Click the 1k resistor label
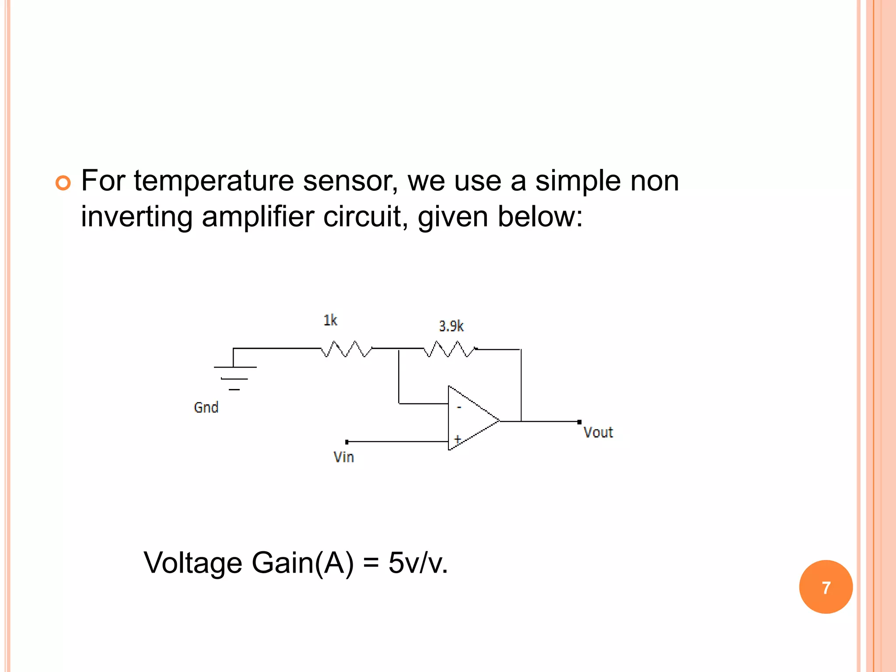click(330, 320)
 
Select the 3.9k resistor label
click(451, 326)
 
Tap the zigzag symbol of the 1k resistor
click(346, 349)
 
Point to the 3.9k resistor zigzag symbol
click(450, 349)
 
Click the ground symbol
click(234, 376)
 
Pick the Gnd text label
click(206, 408)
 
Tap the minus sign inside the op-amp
click(459, 407)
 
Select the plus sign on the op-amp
click(458, 439)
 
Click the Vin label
click(343, 457)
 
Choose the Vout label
click(598, 433)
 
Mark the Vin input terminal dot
click(347, 442)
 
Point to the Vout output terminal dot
click(579, 422)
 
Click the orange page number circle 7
click(826, 587)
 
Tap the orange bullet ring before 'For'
click(63, 182)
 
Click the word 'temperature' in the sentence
click(214, 181)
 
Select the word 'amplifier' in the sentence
click(258, 217)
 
